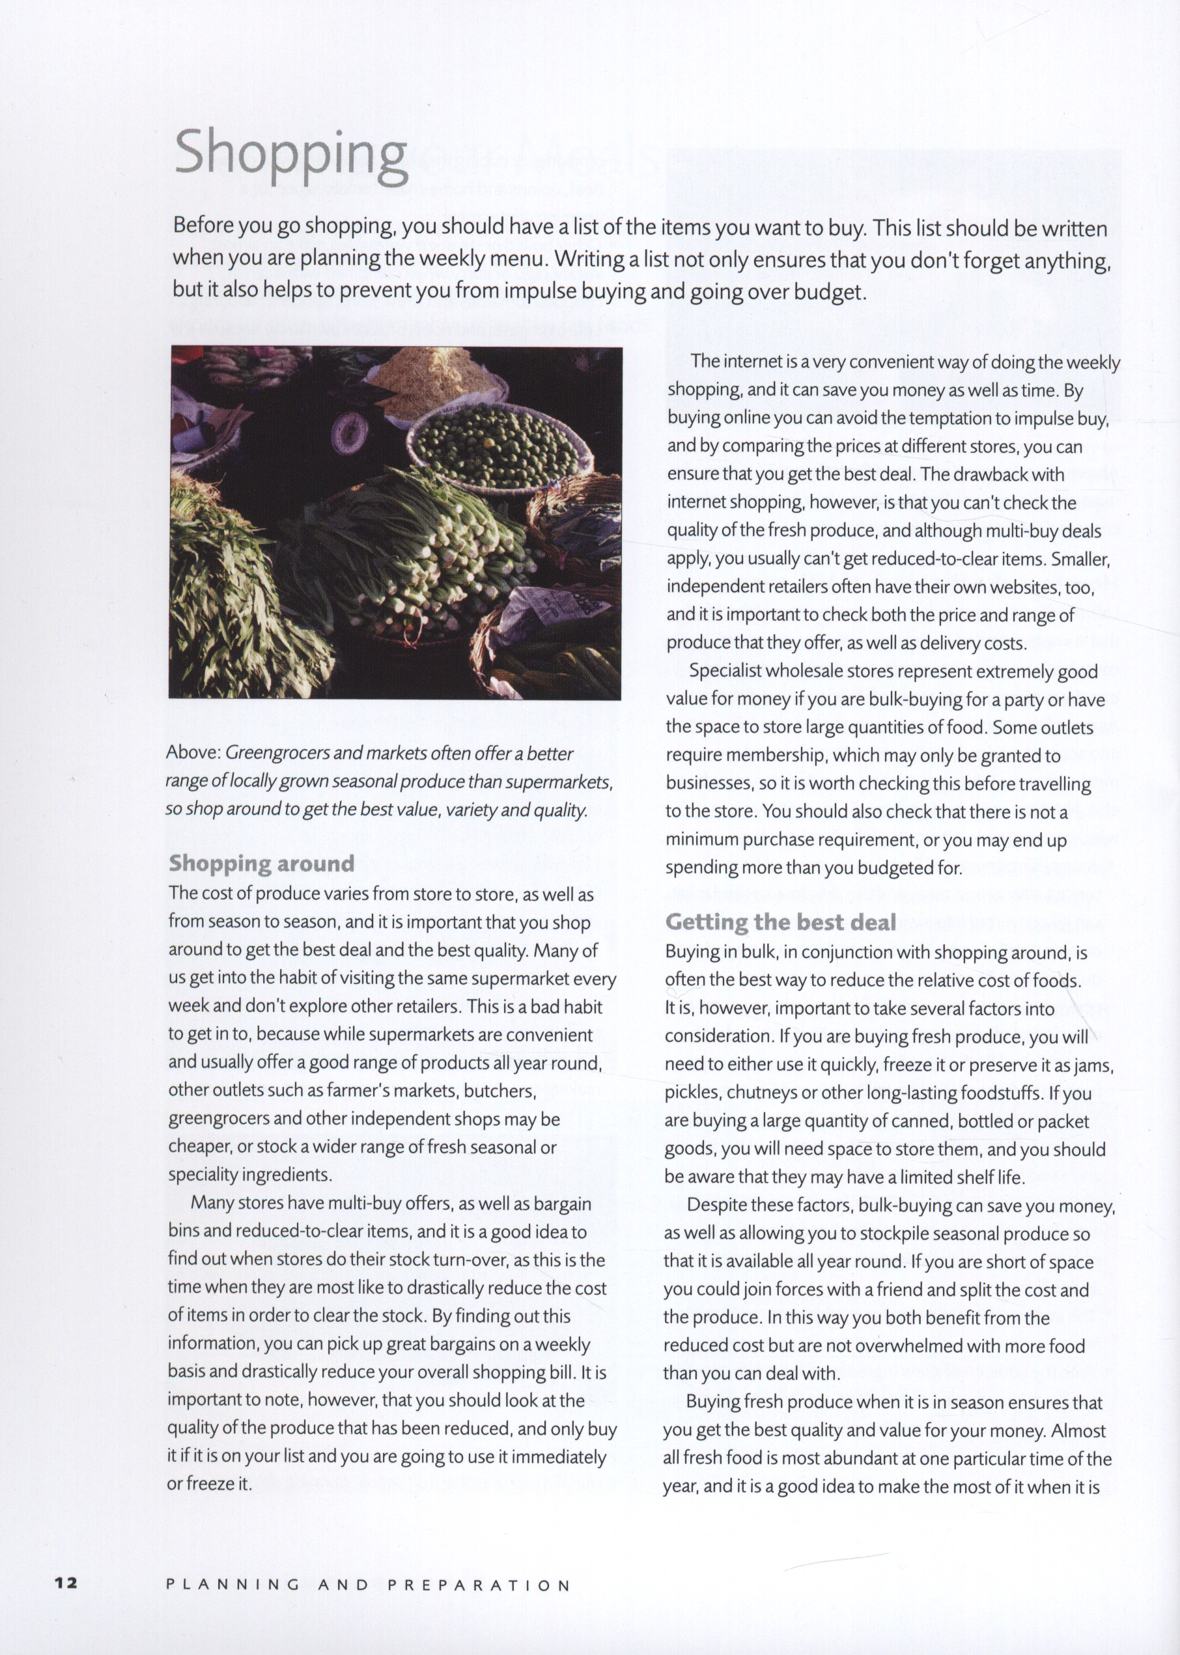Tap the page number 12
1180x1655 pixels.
(65, 1585)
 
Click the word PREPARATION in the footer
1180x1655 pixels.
(479, 1585)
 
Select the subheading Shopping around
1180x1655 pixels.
(262, 864)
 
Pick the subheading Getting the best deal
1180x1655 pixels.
(781, 922)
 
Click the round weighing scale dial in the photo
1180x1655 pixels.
(350, 433)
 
